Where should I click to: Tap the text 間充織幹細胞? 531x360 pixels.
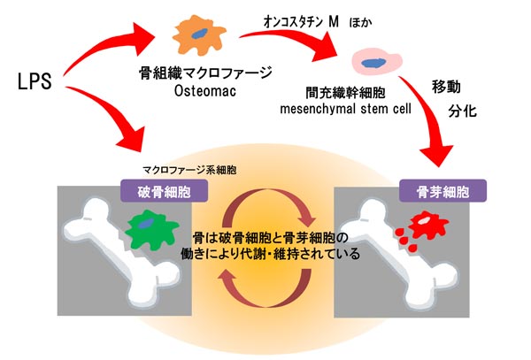click(373, 92)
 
